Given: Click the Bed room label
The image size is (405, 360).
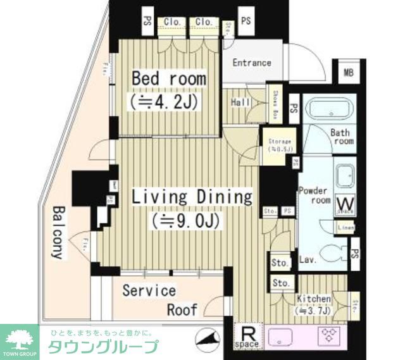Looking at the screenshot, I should coord(168,79).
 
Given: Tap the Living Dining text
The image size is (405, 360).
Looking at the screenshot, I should coord(191,197).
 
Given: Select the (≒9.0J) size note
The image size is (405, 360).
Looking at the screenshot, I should coord(185,220).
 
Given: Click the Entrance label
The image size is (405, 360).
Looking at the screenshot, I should coord(251,63).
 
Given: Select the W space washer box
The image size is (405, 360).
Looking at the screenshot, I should coord(346,204).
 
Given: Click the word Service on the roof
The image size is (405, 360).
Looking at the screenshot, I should coord(149,290).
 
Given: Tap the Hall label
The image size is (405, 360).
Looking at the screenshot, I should coord(240,102).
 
